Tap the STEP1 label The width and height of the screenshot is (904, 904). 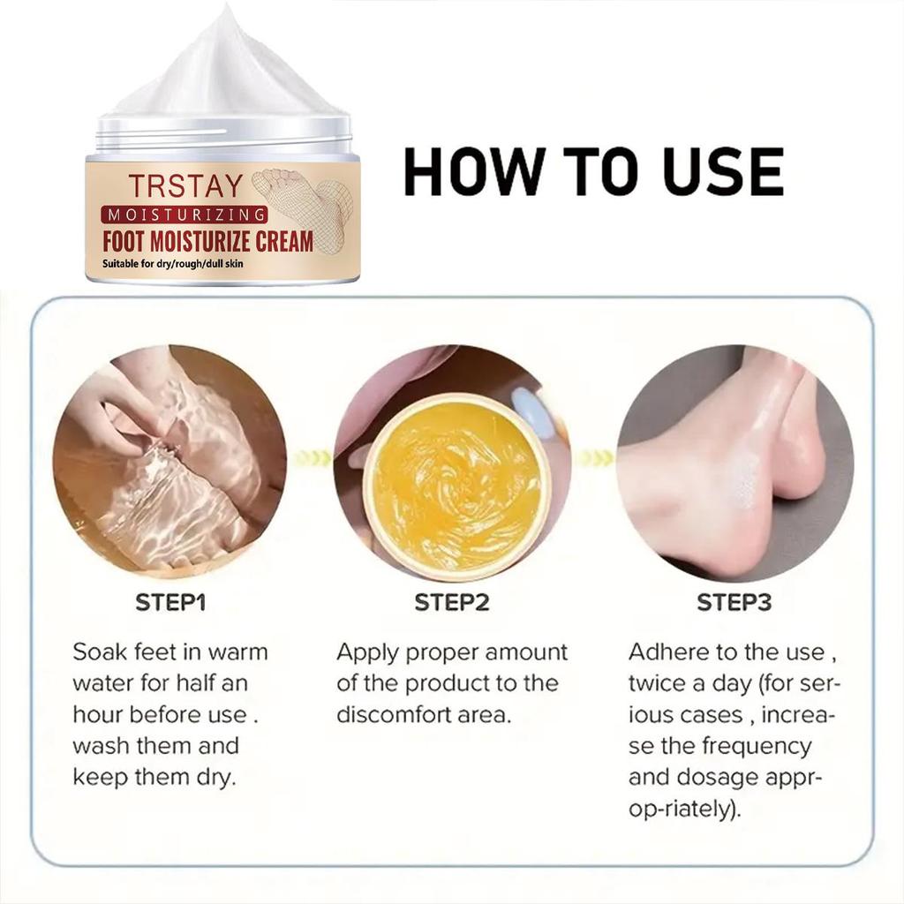(x=170, y=603)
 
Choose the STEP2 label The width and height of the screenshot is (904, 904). (x=452, y=603)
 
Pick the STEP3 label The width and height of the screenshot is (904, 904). (x=734, y=603)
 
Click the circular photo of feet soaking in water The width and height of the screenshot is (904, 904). (x=170, y=462)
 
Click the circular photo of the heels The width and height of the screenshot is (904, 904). (x=734, y=462)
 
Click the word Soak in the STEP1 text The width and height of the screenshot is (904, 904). (x=100, y=652)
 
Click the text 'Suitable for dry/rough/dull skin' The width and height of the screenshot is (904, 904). (x=176, y=265)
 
